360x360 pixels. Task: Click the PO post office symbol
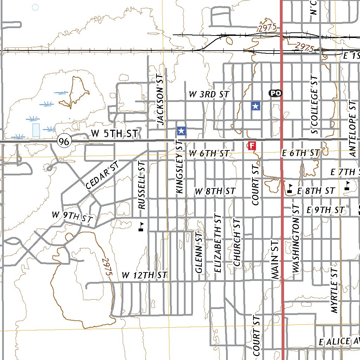tap(276, 93)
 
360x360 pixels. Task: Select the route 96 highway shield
tap(64, 142)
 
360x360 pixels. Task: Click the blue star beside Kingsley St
tap(181, 131)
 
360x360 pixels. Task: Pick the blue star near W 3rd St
tap(256, 106)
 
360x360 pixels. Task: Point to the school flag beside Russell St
tap(141, 226)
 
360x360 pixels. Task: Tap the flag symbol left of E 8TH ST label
tap(290, 188)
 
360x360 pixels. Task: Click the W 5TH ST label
tap(114, 134)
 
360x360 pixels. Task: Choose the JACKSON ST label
tap(160, 99)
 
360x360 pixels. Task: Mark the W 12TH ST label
tap(144, 275)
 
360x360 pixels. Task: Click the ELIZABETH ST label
tap(218, 243)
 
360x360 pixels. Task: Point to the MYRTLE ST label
tap(334, 289)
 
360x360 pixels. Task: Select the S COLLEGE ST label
tap(314, 104)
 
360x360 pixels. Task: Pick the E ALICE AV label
tap(339, 341)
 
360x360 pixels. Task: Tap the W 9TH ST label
tap(72, 217)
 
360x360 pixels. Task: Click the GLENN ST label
tap(199, 252)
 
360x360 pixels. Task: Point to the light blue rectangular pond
tap(36, 130)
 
